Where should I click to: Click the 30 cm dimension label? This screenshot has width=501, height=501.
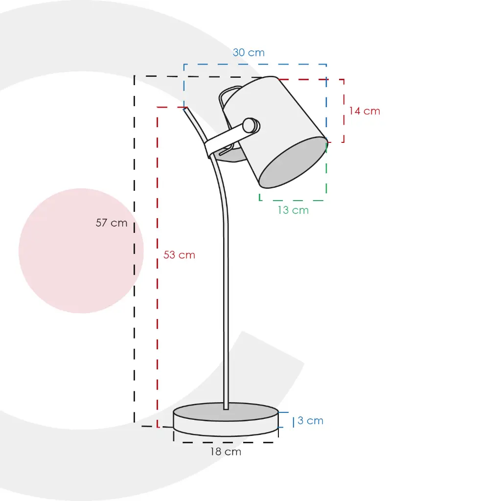point(249,52)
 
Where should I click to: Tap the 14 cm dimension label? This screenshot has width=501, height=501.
point(364,111)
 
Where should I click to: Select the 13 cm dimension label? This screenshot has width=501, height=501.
point(293,210)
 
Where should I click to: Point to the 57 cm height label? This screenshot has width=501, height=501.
point(112,223)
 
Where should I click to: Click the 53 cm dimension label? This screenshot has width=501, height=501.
point(179,254)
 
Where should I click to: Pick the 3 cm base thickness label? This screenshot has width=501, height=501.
point(310,420)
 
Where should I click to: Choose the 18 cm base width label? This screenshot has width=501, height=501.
point(226,452)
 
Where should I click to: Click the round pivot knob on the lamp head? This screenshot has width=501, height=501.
point(251,126)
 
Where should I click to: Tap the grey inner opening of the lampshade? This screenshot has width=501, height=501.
point(293,162)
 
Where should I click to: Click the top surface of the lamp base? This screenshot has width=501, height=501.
point(226,412)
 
